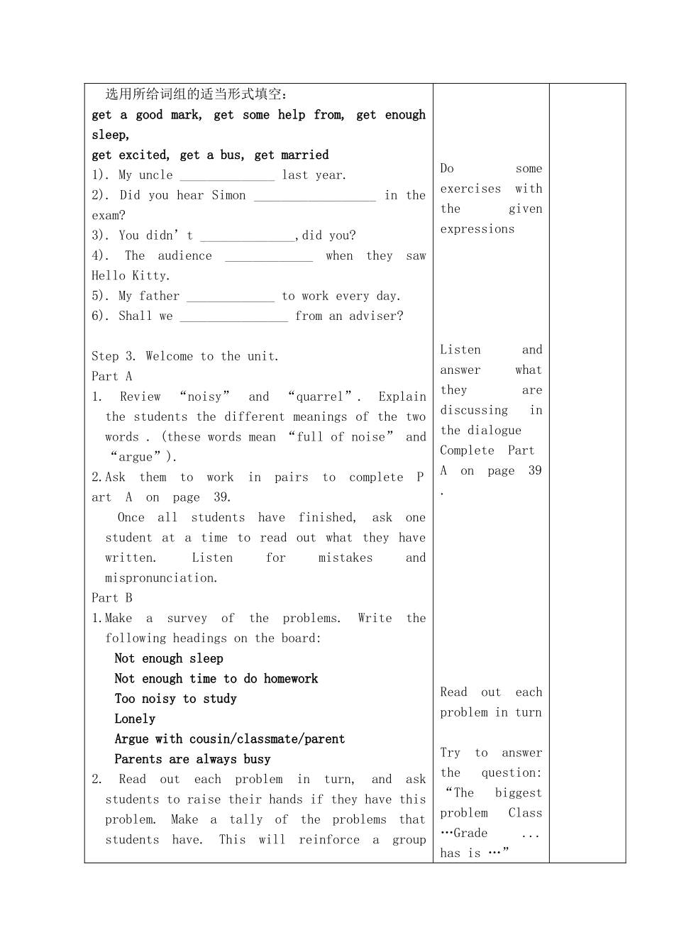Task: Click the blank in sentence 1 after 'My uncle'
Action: [x=226, y=176]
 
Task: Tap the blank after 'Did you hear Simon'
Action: [x=314, y=197]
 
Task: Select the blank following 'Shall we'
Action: [x=233, y=317]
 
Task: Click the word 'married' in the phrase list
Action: [x=305, y=155]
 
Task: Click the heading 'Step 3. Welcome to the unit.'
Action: [x=185, y=357]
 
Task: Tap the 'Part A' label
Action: [x=112, y=377]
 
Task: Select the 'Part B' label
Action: [x=112, y=598]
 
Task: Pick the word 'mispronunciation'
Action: [x=161, y=578]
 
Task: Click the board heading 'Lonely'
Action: [x=135, y=719]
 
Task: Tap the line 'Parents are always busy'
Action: [x=192, y=760]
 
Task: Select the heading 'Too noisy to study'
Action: [x=175, y=699]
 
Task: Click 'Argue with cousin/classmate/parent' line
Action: [x=229, y=739]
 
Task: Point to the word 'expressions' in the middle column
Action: [x=477, y=230]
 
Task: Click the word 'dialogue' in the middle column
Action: [x=491, y=431]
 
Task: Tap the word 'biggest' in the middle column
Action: [x=518, y=793]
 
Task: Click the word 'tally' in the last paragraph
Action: [x=245, y=820]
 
